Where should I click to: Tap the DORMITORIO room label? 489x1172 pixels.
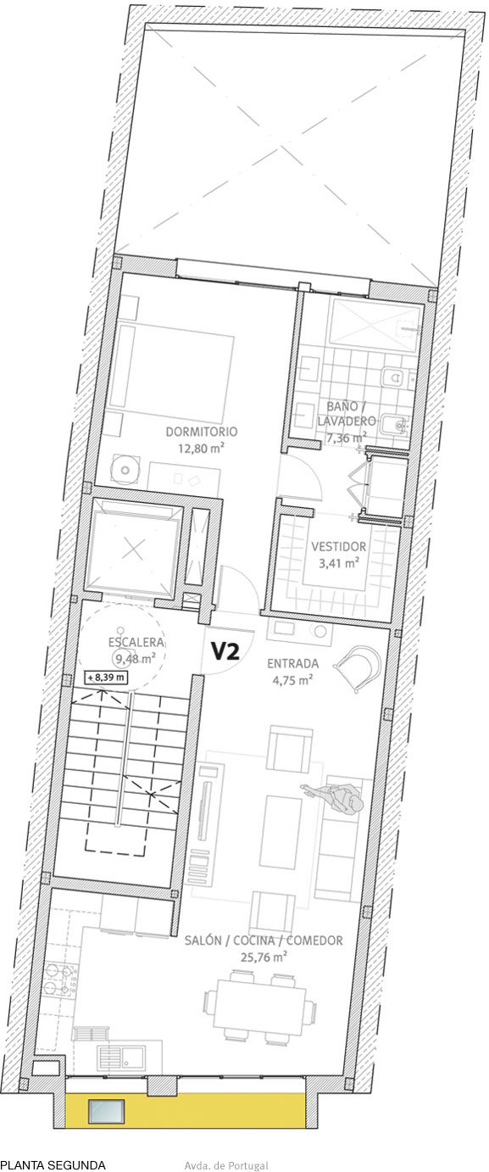tap(201, 432)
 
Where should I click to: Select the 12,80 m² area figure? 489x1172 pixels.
tap(201, 449)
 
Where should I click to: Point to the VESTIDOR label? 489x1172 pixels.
tap(338, 546)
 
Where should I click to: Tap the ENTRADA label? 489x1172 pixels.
tap(292, 663)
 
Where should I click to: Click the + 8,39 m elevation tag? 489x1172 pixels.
tap(106, 678)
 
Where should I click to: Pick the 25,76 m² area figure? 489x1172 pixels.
tap(264, 956)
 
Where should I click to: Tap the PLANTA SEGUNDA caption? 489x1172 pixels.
tap(53, 1165)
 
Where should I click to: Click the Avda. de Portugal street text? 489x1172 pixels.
tap(225, 1166)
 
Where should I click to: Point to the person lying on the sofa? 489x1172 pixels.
tap(336, 798)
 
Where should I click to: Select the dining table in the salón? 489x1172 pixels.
tap(258, 1008)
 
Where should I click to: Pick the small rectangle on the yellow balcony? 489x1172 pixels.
tap(108, 1110)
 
